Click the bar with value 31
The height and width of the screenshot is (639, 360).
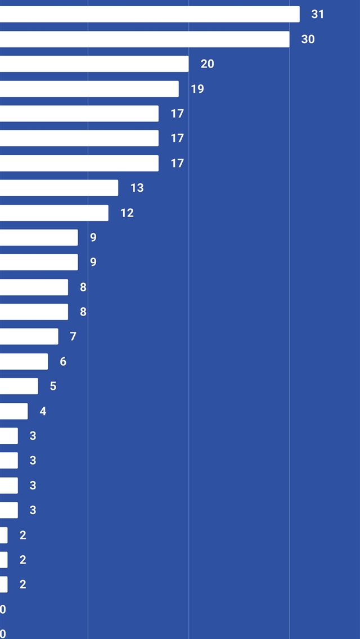click(150, 14)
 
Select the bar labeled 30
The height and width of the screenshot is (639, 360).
click(145, 39)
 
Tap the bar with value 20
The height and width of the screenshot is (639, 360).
click(94, 64)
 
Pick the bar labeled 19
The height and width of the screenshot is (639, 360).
click(89, 89)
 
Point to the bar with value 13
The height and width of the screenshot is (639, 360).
click(59, 188)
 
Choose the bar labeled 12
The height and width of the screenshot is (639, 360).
click(54, 213)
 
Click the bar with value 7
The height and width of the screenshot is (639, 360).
click(29, 336)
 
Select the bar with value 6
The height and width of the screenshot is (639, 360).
click(24, 361)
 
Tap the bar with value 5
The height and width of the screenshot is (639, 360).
click(19, 386)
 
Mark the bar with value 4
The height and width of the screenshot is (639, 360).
click(13, 411)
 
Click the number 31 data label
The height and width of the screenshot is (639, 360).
click(318, 14)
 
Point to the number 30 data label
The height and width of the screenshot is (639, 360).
click(308, 39)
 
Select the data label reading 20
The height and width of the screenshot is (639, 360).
click(207, 64)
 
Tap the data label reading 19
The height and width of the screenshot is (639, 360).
click(197, 89)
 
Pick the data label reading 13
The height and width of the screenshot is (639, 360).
click(137, 188)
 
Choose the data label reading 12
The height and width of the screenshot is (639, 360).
click(127, 213)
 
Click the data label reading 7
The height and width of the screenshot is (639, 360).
click(73, 336)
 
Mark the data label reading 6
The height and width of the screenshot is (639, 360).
click(63, 361)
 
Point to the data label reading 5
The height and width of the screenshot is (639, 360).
click(53, 386)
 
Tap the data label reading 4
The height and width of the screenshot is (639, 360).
click(43, 411)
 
